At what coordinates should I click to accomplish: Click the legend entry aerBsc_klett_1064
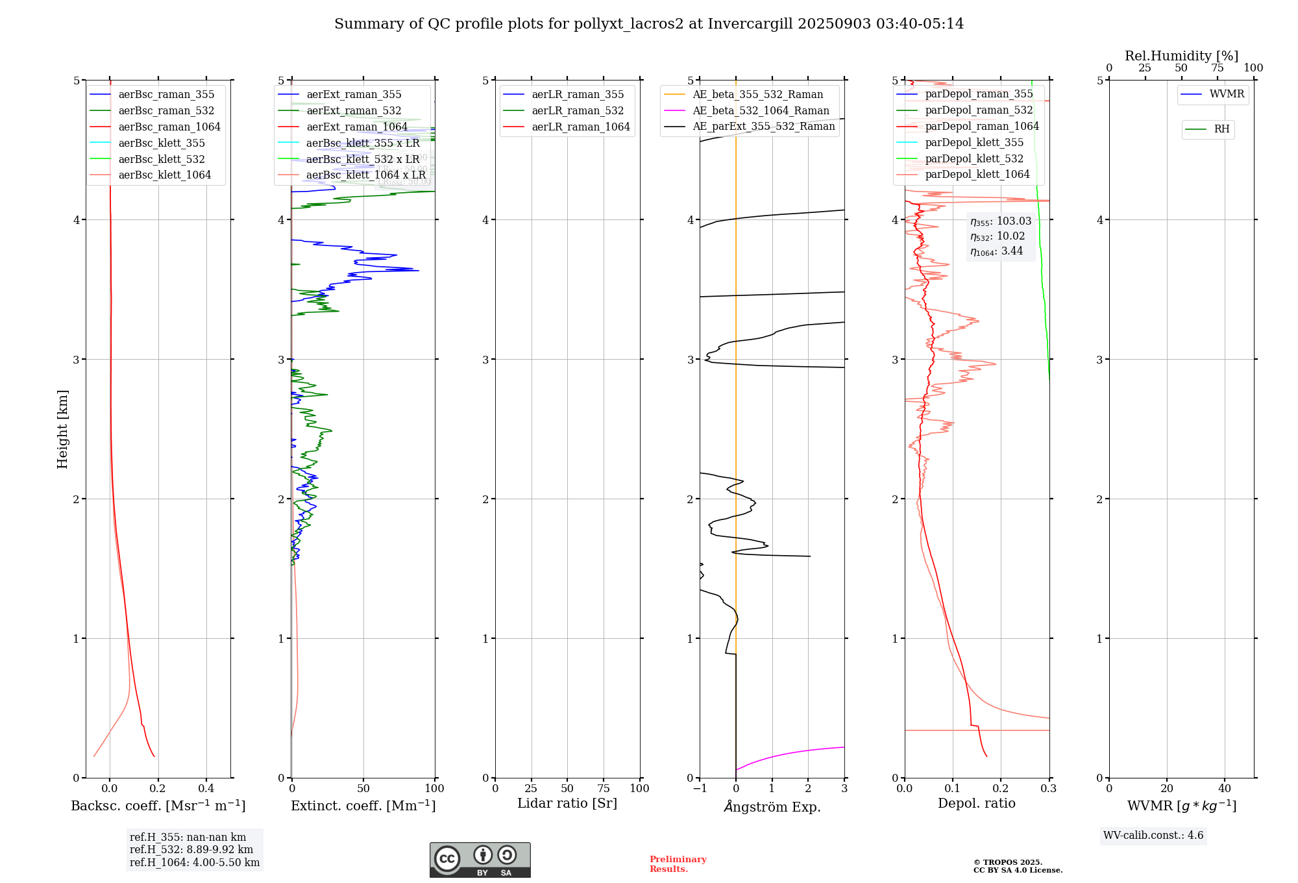point(164,175)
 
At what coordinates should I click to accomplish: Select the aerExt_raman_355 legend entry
point(354,95)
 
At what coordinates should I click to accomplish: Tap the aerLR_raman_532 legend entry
point(578,111)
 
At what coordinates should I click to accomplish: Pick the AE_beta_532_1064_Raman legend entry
point(761,111)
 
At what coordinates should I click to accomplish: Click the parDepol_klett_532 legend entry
point(974,159)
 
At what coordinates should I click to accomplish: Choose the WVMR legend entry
point(1227,95)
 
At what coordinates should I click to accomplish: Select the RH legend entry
point(1221,129)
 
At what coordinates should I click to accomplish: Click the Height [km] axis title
point(62,429)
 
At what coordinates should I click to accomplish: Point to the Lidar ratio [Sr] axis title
point(567,804)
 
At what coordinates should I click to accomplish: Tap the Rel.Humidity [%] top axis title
point(1181,56)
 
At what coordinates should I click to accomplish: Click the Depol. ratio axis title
point(977,804)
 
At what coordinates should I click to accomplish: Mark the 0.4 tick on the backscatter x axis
point(206,788)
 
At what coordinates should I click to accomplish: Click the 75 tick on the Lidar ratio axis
point(604,788)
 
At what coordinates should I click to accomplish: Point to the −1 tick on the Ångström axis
point(700,788)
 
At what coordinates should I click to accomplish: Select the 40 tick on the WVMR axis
point(1225,788)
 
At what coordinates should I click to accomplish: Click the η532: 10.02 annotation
point(998,236)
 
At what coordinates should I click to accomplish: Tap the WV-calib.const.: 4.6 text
point(1153,836)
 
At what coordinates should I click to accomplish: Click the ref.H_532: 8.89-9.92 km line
point(191,850)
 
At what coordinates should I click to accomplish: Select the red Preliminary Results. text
point(678,864)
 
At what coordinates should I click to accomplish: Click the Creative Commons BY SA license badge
point(480,860)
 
